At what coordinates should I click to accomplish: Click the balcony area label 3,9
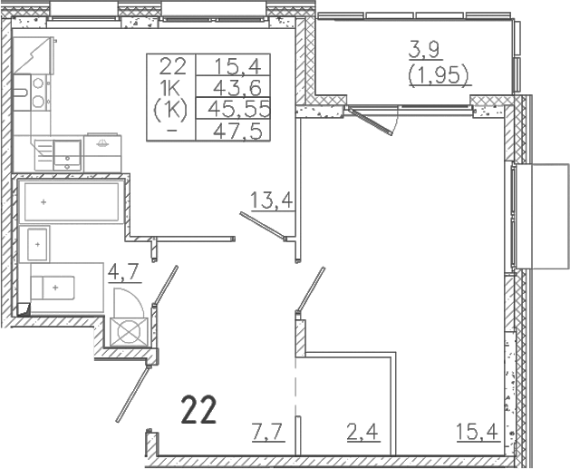425,51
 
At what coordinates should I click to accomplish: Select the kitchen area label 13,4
272,200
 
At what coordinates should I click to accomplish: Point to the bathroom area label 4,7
124,272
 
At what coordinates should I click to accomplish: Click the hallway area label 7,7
267,432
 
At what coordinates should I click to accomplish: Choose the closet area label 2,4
362,432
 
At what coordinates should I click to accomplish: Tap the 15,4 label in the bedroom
478,432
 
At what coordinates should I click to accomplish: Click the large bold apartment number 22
198,410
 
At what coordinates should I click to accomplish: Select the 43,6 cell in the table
237,87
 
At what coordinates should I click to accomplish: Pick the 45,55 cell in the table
238,109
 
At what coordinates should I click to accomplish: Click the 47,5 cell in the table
237,131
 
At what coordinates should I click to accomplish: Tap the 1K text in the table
170,88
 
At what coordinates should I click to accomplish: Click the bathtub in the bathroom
72,201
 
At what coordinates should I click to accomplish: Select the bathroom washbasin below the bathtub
38,244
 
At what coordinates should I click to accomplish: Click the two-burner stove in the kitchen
39,93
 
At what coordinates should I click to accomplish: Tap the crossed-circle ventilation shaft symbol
129,331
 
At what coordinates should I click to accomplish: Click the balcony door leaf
370,121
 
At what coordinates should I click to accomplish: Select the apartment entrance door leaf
132,394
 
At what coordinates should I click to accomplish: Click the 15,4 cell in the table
237,66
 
